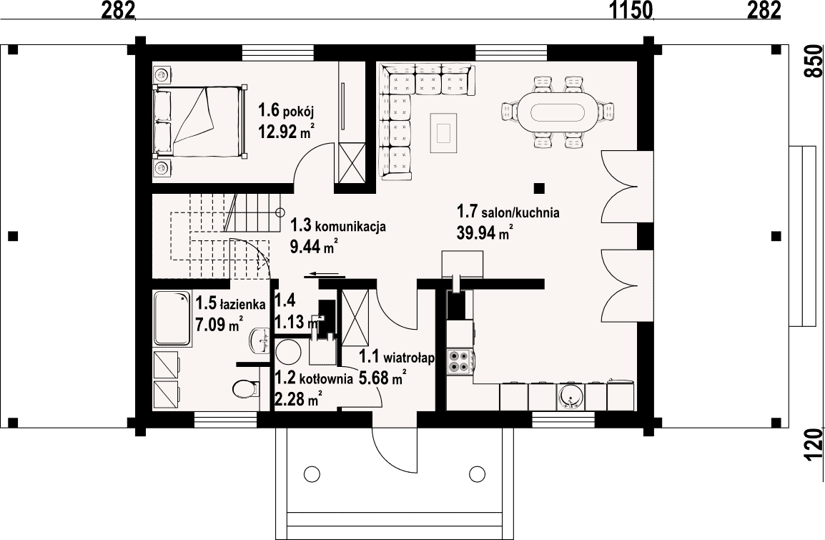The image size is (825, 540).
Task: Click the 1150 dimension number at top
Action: tap(631, 9)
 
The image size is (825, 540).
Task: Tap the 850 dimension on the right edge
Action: tap(814, 61)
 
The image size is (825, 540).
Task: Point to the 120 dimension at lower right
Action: tap(814, 444)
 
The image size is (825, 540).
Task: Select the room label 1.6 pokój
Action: tap(286, 111)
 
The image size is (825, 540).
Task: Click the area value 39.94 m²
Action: tap(485, 232)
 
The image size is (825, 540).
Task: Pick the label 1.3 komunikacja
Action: tap(338, 226)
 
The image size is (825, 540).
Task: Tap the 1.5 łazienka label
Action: tap(230, 304)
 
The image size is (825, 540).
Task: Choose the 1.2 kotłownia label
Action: tap(314, 378)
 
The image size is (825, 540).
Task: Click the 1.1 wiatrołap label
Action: tap(397, 358)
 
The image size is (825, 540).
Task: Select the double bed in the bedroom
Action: tap(200, 122)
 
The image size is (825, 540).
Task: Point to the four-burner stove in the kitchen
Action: tap(458, 362)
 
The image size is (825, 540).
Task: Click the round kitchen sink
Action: tap(570, 396)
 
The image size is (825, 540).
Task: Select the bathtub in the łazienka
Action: tap(172, 320)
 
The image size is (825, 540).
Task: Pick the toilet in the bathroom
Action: tap(244, 389)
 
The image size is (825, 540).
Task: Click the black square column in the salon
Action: tap(539, 188)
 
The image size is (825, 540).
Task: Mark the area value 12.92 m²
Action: tap(286, 130)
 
